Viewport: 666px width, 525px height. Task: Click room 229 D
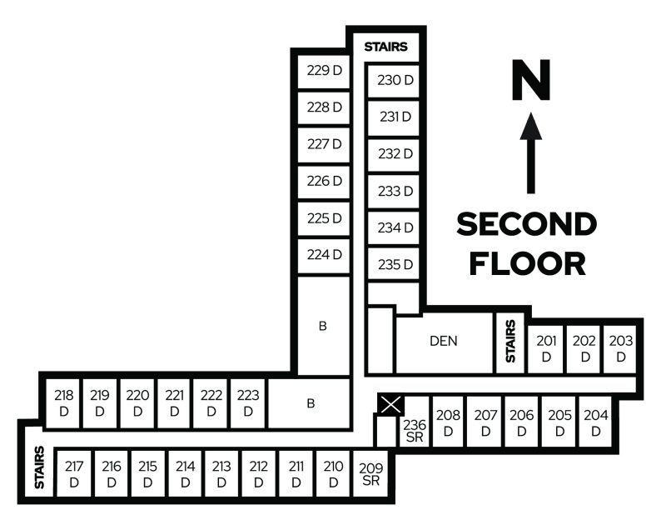coord(325,71)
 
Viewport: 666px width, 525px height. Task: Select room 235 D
coord(395,265)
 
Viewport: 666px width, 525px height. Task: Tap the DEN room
coord(444,341)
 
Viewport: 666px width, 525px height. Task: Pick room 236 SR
coord(414,431)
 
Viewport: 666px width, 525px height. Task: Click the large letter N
coord(531,81)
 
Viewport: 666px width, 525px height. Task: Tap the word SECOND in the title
coord(527,224)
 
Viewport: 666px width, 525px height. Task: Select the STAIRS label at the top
coord(385,47)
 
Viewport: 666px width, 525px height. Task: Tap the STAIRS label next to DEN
coord(509,340)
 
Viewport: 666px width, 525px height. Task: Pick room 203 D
coord(621,347)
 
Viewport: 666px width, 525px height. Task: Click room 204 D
coord(596,422)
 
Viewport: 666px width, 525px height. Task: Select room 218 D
coord(63,402)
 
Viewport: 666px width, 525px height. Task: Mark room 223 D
coord(248,402)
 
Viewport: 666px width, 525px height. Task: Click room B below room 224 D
coord(322,325)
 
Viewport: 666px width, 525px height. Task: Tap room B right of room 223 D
coord(311,403)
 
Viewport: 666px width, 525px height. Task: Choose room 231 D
coord(395,117)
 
